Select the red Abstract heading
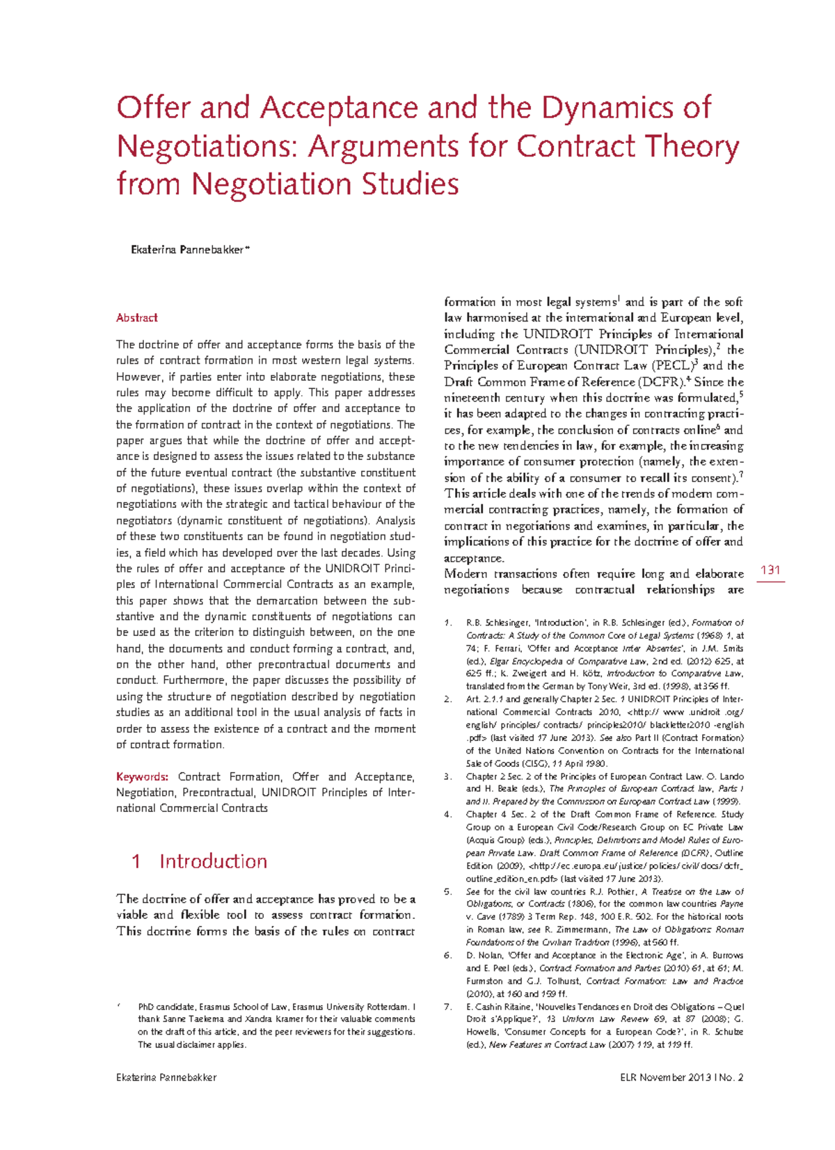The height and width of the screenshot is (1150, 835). (137, 318)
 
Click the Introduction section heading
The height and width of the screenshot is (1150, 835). (213, 861)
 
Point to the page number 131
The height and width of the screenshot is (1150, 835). (770, 570)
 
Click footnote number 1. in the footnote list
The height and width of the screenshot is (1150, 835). (449, 623)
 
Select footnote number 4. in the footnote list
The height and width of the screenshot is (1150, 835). (449, 815)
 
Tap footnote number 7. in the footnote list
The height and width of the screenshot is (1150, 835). (449, 1007)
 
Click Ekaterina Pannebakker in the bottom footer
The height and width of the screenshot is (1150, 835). (167, 1078)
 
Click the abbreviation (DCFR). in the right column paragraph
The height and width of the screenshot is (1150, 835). (661, 382)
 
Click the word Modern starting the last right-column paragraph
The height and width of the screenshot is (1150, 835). (466, 574)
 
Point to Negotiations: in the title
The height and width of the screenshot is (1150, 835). (208, 146)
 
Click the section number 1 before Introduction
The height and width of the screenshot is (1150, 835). (136, 861)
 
